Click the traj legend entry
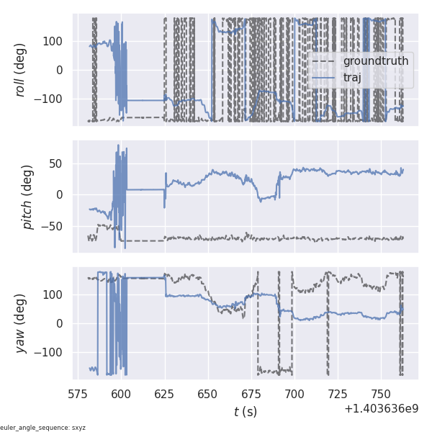click(352, 77)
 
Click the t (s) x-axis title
click(246, 412)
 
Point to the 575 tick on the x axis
click(78, 394)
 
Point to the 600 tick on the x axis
click(121, 394)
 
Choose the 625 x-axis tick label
click(164, 394)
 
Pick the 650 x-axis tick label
click(208, 394)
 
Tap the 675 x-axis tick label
click(251, 394)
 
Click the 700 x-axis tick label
click(294, 394)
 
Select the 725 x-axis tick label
click(338, 394)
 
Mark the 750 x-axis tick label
click(381, 394)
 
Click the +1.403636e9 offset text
click(382, 409)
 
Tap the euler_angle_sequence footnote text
click(43, 428)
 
